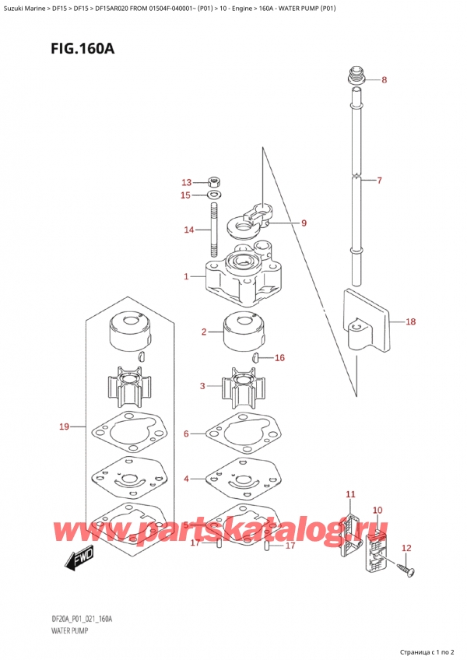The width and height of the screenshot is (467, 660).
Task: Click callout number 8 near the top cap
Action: pos(384,80)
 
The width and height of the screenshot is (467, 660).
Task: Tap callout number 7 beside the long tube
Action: pos(379,181)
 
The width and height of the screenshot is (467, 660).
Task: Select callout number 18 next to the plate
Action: pos(411,321)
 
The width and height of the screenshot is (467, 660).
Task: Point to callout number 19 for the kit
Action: pos(65,426)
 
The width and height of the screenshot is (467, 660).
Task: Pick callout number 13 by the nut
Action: pos(186,182)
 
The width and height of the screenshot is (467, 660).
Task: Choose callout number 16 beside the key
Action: pos(280,358)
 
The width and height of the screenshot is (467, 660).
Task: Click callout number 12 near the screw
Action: pos(405,548)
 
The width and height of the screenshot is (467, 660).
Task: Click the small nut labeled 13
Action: pos(214,183)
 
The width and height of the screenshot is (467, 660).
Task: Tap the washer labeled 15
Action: pos(214,195)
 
